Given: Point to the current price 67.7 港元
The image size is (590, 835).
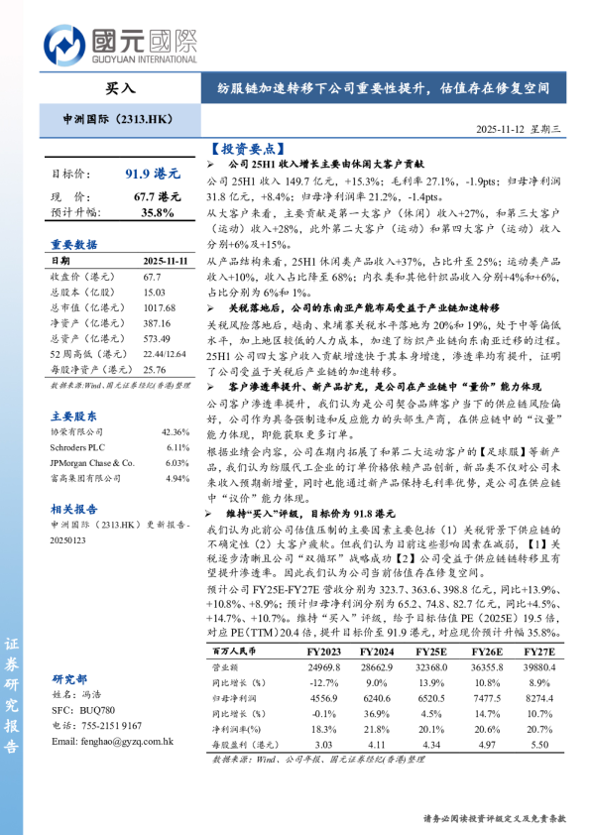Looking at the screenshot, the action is coord(158,197).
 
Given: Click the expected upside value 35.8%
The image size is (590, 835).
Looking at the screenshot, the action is coord(158,212).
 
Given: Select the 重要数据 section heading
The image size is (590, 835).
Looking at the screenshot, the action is coord(73,244).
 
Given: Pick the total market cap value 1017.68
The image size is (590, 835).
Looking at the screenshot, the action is coord(160,307).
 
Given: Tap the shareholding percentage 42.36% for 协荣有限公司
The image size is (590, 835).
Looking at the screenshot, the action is coord(174,405).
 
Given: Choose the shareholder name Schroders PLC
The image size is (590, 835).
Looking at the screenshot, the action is coord(80,419).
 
